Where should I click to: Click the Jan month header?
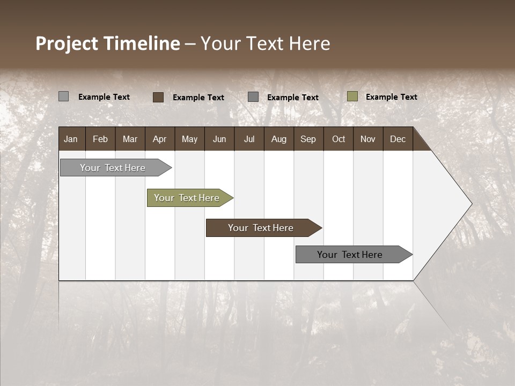[x=71, y=139]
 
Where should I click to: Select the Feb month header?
[x=100, y=139]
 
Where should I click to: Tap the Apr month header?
[x=159, y=139]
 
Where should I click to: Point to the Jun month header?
[x=219, y=139]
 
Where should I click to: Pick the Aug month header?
[x=278, y=139]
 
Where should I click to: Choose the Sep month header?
[x=308, y=139]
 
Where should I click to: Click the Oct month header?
[x=339, y=139]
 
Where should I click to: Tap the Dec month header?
[x=398, y=139]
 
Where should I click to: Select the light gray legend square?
[x=64, y=96]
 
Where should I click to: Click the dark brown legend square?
[x=158, y=97]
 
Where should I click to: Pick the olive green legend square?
[x=352, y=96]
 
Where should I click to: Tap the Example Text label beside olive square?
[x=391, y=97]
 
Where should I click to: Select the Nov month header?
[x=367, y=139]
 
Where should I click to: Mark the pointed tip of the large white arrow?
[x=471, y=204]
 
